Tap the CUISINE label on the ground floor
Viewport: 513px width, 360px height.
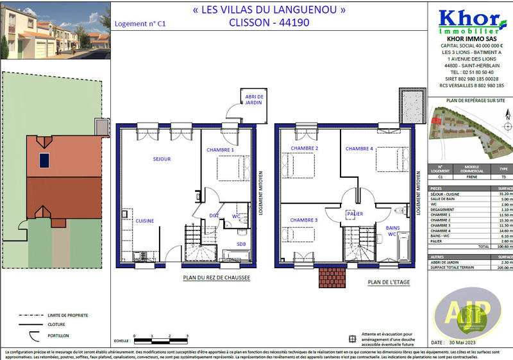coord(144,220)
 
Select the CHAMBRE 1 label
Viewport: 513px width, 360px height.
coord(220,150)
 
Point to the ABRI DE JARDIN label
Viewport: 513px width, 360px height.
coord(254,99)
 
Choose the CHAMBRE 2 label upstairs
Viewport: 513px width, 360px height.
coord(305,149)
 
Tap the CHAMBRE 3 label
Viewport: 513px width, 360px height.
coord(304,220)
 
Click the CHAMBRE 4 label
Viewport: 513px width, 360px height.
coord(359,149)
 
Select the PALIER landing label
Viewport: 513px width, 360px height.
coord(355,213)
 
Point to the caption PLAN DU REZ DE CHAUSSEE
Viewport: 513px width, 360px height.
coord(216,278)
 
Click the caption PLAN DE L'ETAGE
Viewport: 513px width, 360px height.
coord(388,282)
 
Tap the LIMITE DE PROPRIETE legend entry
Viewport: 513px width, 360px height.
coord(68,316)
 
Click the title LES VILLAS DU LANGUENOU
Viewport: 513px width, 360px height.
coord(269,10)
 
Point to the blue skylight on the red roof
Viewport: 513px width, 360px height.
coord(44,160)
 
